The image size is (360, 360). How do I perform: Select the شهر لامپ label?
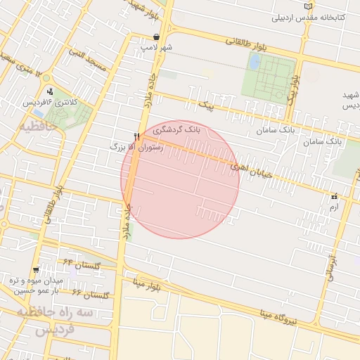pyautogui.click(x=155, y=47)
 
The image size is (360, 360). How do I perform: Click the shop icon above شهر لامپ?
pyautogui.click(x=155, y=37)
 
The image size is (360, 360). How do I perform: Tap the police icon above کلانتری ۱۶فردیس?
pyautogui.click(x=49, y=91)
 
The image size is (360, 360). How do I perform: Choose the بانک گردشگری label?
pyautogui.click(x=178, y=131)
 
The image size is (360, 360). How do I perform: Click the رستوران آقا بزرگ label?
pyautogui.click(x=136, y=148)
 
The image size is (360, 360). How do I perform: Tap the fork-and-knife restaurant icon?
pyautogui.click(x=136, y=136)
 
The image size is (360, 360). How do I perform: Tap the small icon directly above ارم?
pyautogui.click(x=334, y=198)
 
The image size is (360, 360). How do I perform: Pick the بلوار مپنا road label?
pyautogui.click(x=149, y=284)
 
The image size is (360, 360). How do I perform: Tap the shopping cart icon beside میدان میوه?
pyautogui.click(x=36, y=270)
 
